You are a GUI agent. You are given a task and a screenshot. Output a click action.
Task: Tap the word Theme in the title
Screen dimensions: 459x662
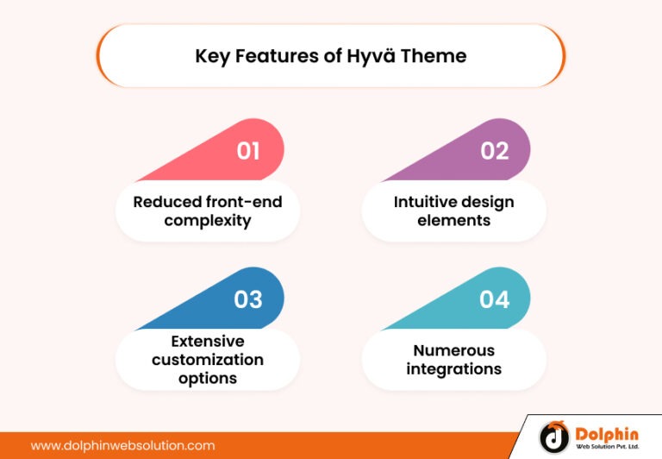tap(435, 56)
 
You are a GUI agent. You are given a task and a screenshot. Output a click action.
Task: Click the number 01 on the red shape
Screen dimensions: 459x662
tap(248, 152)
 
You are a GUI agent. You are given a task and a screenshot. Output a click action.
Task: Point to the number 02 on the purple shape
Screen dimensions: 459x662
tap(495, 152)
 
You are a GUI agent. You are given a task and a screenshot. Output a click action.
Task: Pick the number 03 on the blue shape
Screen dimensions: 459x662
tap(248, 299)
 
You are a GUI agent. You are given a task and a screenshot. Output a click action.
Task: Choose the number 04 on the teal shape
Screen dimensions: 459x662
tap(495, 299)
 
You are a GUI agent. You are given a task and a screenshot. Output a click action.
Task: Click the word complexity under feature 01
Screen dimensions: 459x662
tap(208, 221)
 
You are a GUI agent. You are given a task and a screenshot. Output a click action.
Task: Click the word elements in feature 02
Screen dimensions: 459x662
tap(454, 221)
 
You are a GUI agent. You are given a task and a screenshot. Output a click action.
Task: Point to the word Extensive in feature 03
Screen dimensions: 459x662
tap(208, 341)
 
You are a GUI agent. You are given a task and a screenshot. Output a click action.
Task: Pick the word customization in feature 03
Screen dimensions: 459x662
tap(208, 359)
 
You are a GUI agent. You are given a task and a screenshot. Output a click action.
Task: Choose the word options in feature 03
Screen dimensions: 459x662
tap(208, 378)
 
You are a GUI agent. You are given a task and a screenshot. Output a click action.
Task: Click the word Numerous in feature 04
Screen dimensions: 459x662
tap(454, 350)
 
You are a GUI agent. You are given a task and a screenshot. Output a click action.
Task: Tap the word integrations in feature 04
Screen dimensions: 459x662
tap(454, 369)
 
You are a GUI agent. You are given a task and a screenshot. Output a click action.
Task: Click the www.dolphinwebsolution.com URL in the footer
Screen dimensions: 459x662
tap(122, 446)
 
